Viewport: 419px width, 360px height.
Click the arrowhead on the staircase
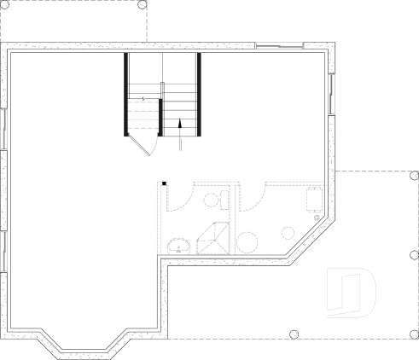pos(180,123)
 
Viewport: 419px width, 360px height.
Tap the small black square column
pos(163,183)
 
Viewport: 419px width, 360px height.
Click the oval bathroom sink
pos(178,246)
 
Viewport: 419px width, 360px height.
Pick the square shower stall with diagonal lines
pos(213,238)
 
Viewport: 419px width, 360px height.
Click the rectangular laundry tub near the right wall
pos(314,199)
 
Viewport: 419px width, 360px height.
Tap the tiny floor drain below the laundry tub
pos(317,218)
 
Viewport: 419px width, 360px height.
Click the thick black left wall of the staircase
pos(126,94)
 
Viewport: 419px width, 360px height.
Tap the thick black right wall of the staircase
pos(199,94)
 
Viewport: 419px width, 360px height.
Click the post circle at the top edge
pos(142,4)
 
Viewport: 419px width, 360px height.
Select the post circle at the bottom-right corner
pos(413,334)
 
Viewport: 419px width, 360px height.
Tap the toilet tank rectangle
pos(224,200)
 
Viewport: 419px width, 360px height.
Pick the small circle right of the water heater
pos(287,232)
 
